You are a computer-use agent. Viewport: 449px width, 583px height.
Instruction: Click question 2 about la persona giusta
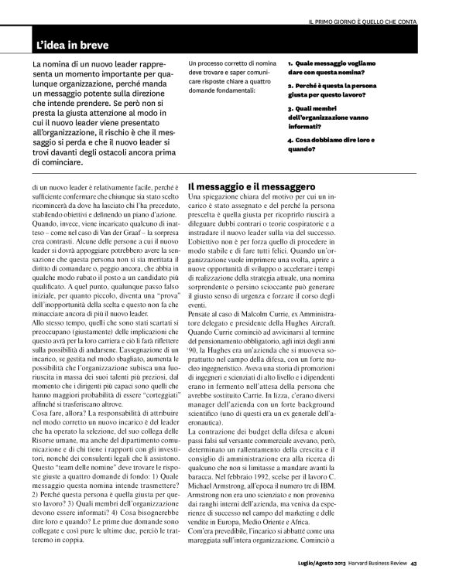[335, 93]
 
